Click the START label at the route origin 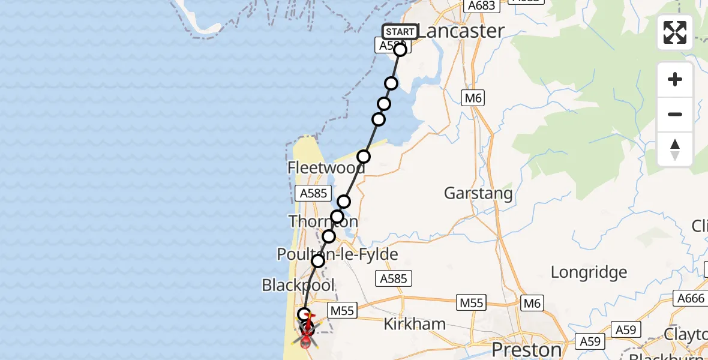pyautogui.click(x=400, y=32)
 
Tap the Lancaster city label pyautogui.click(x=460, y=31)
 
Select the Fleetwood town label pyautogui.click(x=326, y=167)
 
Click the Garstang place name pyautogui.click(x=478, y=193)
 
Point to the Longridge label pyautogui.click(x=589, y=272)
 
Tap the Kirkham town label pyautogui.click(x=415, y=325)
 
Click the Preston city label pyautogui.click(x=526, y=349)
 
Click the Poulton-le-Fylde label pyautogui.click(x=337, y=254)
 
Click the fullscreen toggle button pyautogui.click(x=675, y=32)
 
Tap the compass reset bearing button pyautogui.click(x=675, y=149)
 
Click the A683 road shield pyautogui.click(x=481, y=5)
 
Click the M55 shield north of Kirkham pyautogui.click(x=471, y=304)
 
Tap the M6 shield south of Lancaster pyautogui.click(x=472, y=98)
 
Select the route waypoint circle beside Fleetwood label pyautogui.click(x=364, y=157)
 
